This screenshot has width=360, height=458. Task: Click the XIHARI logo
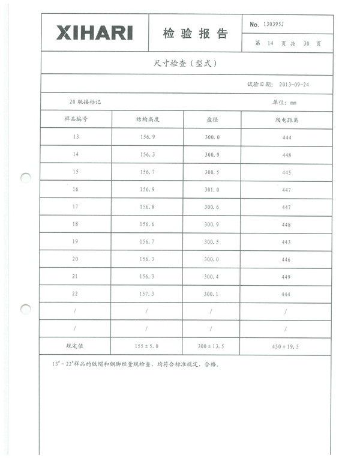click(94, 33)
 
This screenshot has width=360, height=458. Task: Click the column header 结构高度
click(147, 119)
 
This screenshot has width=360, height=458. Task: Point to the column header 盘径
click(212, 119)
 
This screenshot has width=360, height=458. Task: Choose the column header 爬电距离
click(286, 119)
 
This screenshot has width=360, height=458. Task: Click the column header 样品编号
click(76, 119)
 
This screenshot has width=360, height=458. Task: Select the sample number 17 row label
click(76, 206)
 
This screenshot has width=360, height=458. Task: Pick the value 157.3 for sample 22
click(147, 294)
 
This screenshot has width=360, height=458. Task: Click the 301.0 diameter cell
click(212, 189)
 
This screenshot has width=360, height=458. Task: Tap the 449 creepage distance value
click(286, 277)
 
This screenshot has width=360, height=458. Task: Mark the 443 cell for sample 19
click(286, 242)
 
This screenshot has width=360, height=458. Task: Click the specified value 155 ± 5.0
click(147, 346)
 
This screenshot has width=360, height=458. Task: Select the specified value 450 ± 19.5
click(286, 346)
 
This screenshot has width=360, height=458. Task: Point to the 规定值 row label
click(76, 346)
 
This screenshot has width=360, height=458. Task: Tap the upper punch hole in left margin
click(25, 178)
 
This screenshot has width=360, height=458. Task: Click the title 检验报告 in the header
click(195, 34)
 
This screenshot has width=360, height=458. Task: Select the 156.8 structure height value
click(147, 206)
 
